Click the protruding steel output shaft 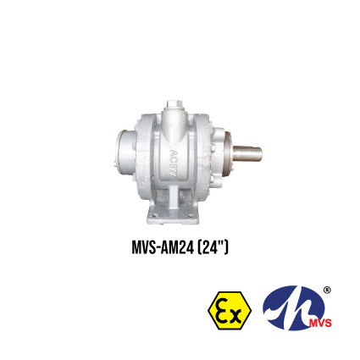coord(248,153)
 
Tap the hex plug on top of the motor coord(175,104)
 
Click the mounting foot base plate coord(173,217)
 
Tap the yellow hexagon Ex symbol coord(230,311)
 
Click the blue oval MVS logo coord(294,307)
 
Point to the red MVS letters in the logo coord(320,323)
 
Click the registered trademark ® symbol coord(327,291)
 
